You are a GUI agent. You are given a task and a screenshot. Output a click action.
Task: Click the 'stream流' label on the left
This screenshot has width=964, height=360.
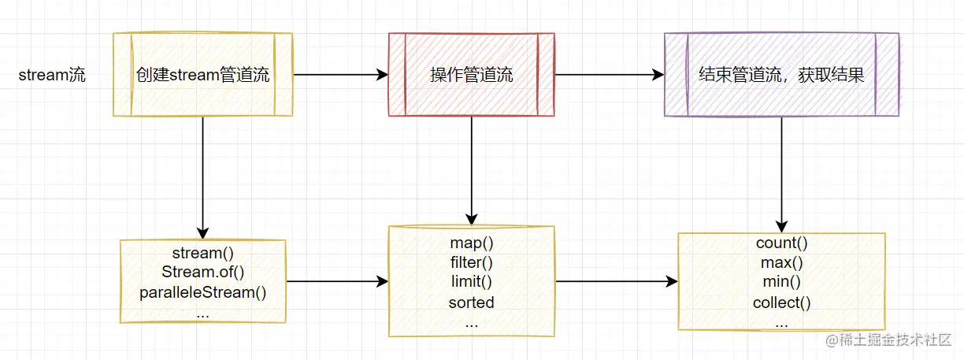click(x=52, y=76)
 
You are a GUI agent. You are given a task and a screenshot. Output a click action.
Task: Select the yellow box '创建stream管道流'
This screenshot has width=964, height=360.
click(x=202, y=76)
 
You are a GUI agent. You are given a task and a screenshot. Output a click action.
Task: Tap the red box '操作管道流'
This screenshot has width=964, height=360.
click(x=471, y=76)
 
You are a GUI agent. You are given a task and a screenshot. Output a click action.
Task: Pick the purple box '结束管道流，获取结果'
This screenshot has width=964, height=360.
click(x=781, y=76)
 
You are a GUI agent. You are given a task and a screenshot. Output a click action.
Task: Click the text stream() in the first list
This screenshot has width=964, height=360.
click(x=202, y=253)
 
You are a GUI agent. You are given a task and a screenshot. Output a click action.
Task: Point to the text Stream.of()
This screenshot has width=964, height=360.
click(x=203, y=273)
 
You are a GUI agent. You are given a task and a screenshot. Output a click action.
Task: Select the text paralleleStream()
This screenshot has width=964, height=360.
click(x=203, y=292)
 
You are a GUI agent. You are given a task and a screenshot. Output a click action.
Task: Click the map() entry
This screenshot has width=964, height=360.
click(x=471, y=243)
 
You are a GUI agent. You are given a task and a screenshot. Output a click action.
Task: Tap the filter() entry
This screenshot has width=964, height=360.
click(x=471, y=263)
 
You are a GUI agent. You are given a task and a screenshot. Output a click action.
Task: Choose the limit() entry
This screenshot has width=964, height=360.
click(x=471, y=282)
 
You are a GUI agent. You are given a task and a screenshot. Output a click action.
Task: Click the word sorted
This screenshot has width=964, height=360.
click(x=471, y=302)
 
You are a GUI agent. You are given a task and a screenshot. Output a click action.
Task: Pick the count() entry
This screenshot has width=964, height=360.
click(x=781, y=243)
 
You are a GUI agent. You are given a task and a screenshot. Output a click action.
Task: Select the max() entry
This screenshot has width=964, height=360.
click(x=781, y=263)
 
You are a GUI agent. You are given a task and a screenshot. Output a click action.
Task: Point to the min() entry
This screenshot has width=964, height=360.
click(x=781, y=282)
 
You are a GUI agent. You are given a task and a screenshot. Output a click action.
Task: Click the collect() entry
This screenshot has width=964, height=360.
click(x=781, y=302)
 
